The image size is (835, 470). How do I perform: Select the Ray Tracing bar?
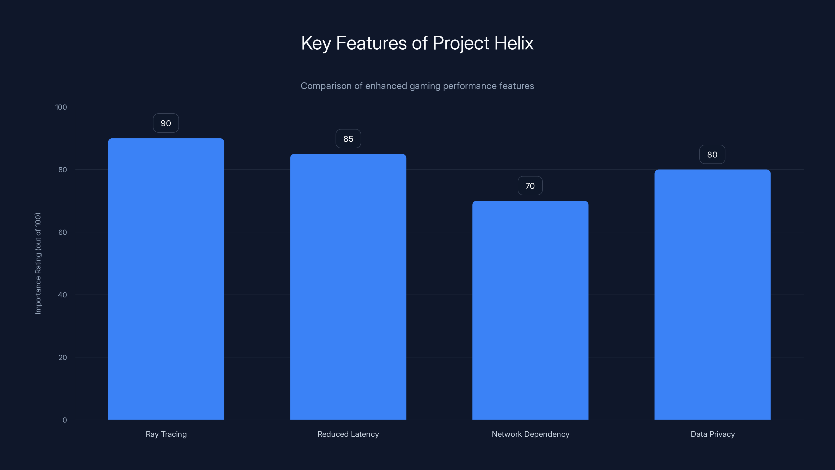pos(166,279)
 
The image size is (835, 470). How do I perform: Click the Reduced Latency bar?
pos(348,287)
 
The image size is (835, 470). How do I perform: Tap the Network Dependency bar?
pos(530,310)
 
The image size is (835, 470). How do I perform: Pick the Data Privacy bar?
pos(712,295)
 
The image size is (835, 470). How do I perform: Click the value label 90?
pos(166,123)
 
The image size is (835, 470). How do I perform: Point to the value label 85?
pos(348,139)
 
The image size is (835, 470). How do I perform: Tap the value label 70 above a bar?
pos(530,186)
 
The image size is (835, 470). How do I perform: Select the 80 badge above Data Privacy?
pos(712,155)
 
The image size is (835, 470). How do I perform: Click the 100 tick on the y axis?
pos(61,107)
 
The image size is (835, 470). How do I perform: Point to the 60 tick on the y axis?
pos(63,232)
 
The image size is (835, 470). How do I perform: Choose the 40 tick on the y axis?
pos(63,295)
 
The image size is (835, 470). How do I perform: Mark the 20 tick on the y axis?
pos(63,357)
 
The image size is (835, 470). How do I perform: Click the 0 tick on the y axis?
pos(64,420)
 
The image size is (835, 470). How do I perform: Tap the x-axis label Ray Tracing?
pos(166,434)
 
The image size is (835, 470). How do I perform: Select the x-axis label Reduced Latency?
pos(348,434)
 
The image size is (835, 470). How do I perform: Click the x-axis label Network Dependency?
pos(530,434)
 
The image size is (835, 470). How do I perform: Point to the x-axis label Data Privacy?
pos(712,434)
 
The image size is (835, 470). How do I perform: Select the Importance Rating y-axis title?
pos(38,263)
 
